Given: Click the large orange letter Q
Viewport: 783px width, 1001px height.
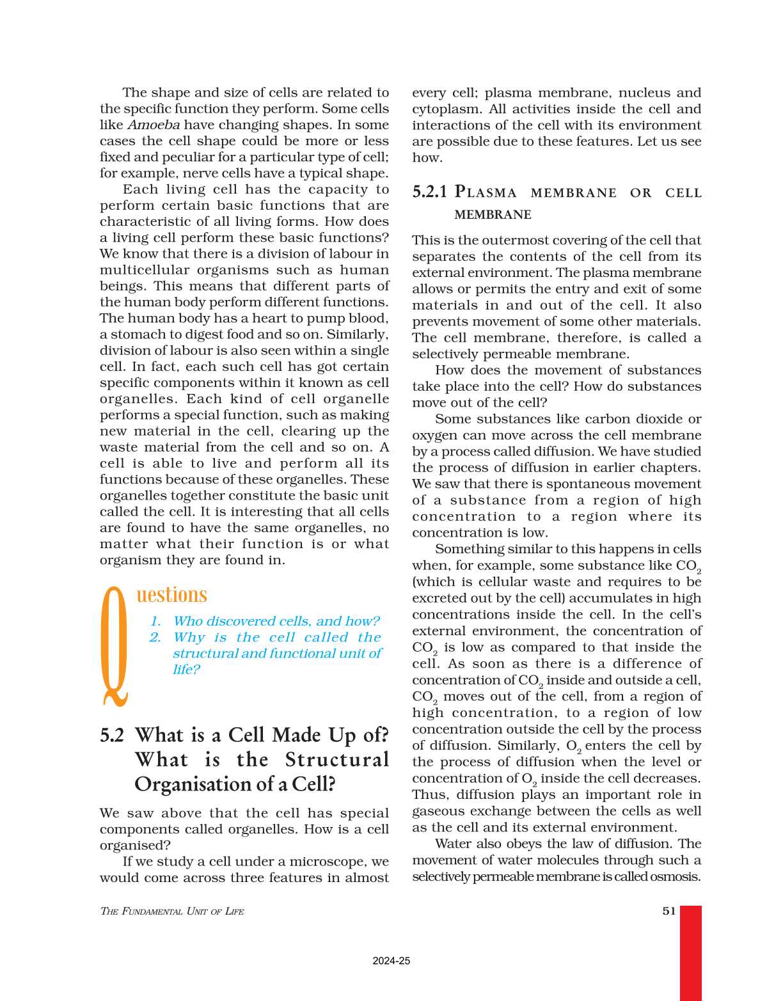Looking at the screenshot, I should pyautogui.click(x=115, y=646).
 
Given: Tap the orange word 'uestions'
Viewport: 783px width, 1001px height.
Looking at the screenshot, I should pyautogui.click(x=171, y=595).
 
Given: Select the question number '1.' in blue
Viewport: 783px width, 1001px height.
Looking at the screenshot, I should pyautogui.click(x=155, y=621).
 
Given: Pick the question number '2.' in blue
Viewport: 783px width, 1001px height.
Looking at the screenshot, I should pyautogui.click(x=155, y=637).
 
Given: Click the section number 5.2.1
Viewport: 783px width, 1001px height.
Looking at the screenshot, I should pyautogui.click(x=429, y=192).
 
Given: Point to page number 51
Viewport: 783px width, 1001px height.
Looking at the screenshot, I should pyautogui.click(x=669, y=911).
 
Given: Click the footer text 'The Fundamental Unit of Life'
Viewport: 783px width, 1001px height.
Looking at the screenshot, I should pyautogui.click(x=172, y=911).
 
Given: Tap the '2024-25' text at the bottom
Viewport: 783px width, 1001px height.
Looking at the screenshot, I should pyautogui.click(x=391, y=961).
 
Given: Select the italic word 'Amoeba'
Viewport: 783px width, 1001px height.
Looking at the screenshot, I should pyautogui.click(x=154, y=125).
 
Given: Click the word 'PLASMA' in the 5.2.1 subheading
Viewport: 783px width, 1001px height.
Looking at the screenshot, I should pyautogui.click(x=486, y=192).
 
